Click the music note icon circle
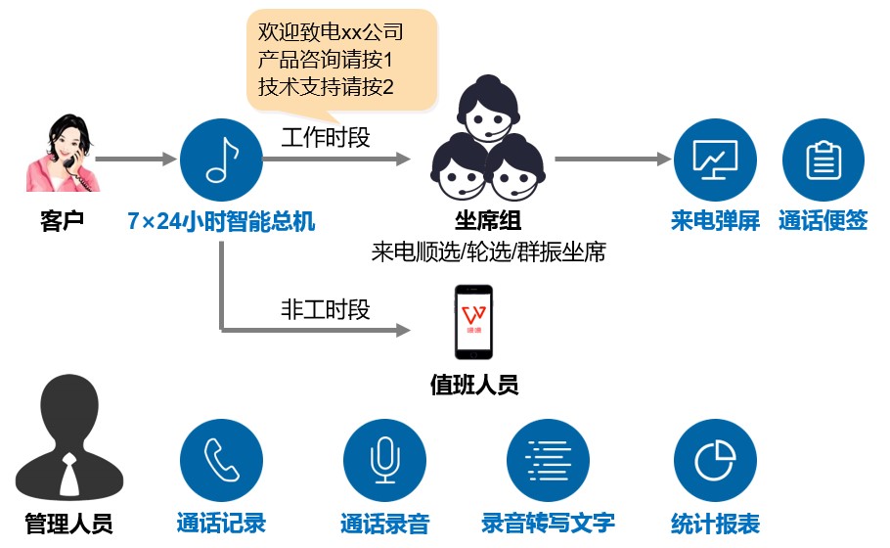coord(221,160)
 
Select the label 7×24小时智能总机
coord(221,221)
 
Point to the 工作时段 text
coord(326,138)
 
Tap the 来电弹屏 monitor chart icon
coord(715,160)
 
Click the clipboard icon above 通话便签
coord(823,160)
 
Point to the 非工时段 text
coord(326,310)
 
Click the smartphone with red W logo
coord(474,322)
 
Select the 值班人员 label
coord(474,385)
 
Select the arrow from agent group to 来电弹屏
coord(611,160)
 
